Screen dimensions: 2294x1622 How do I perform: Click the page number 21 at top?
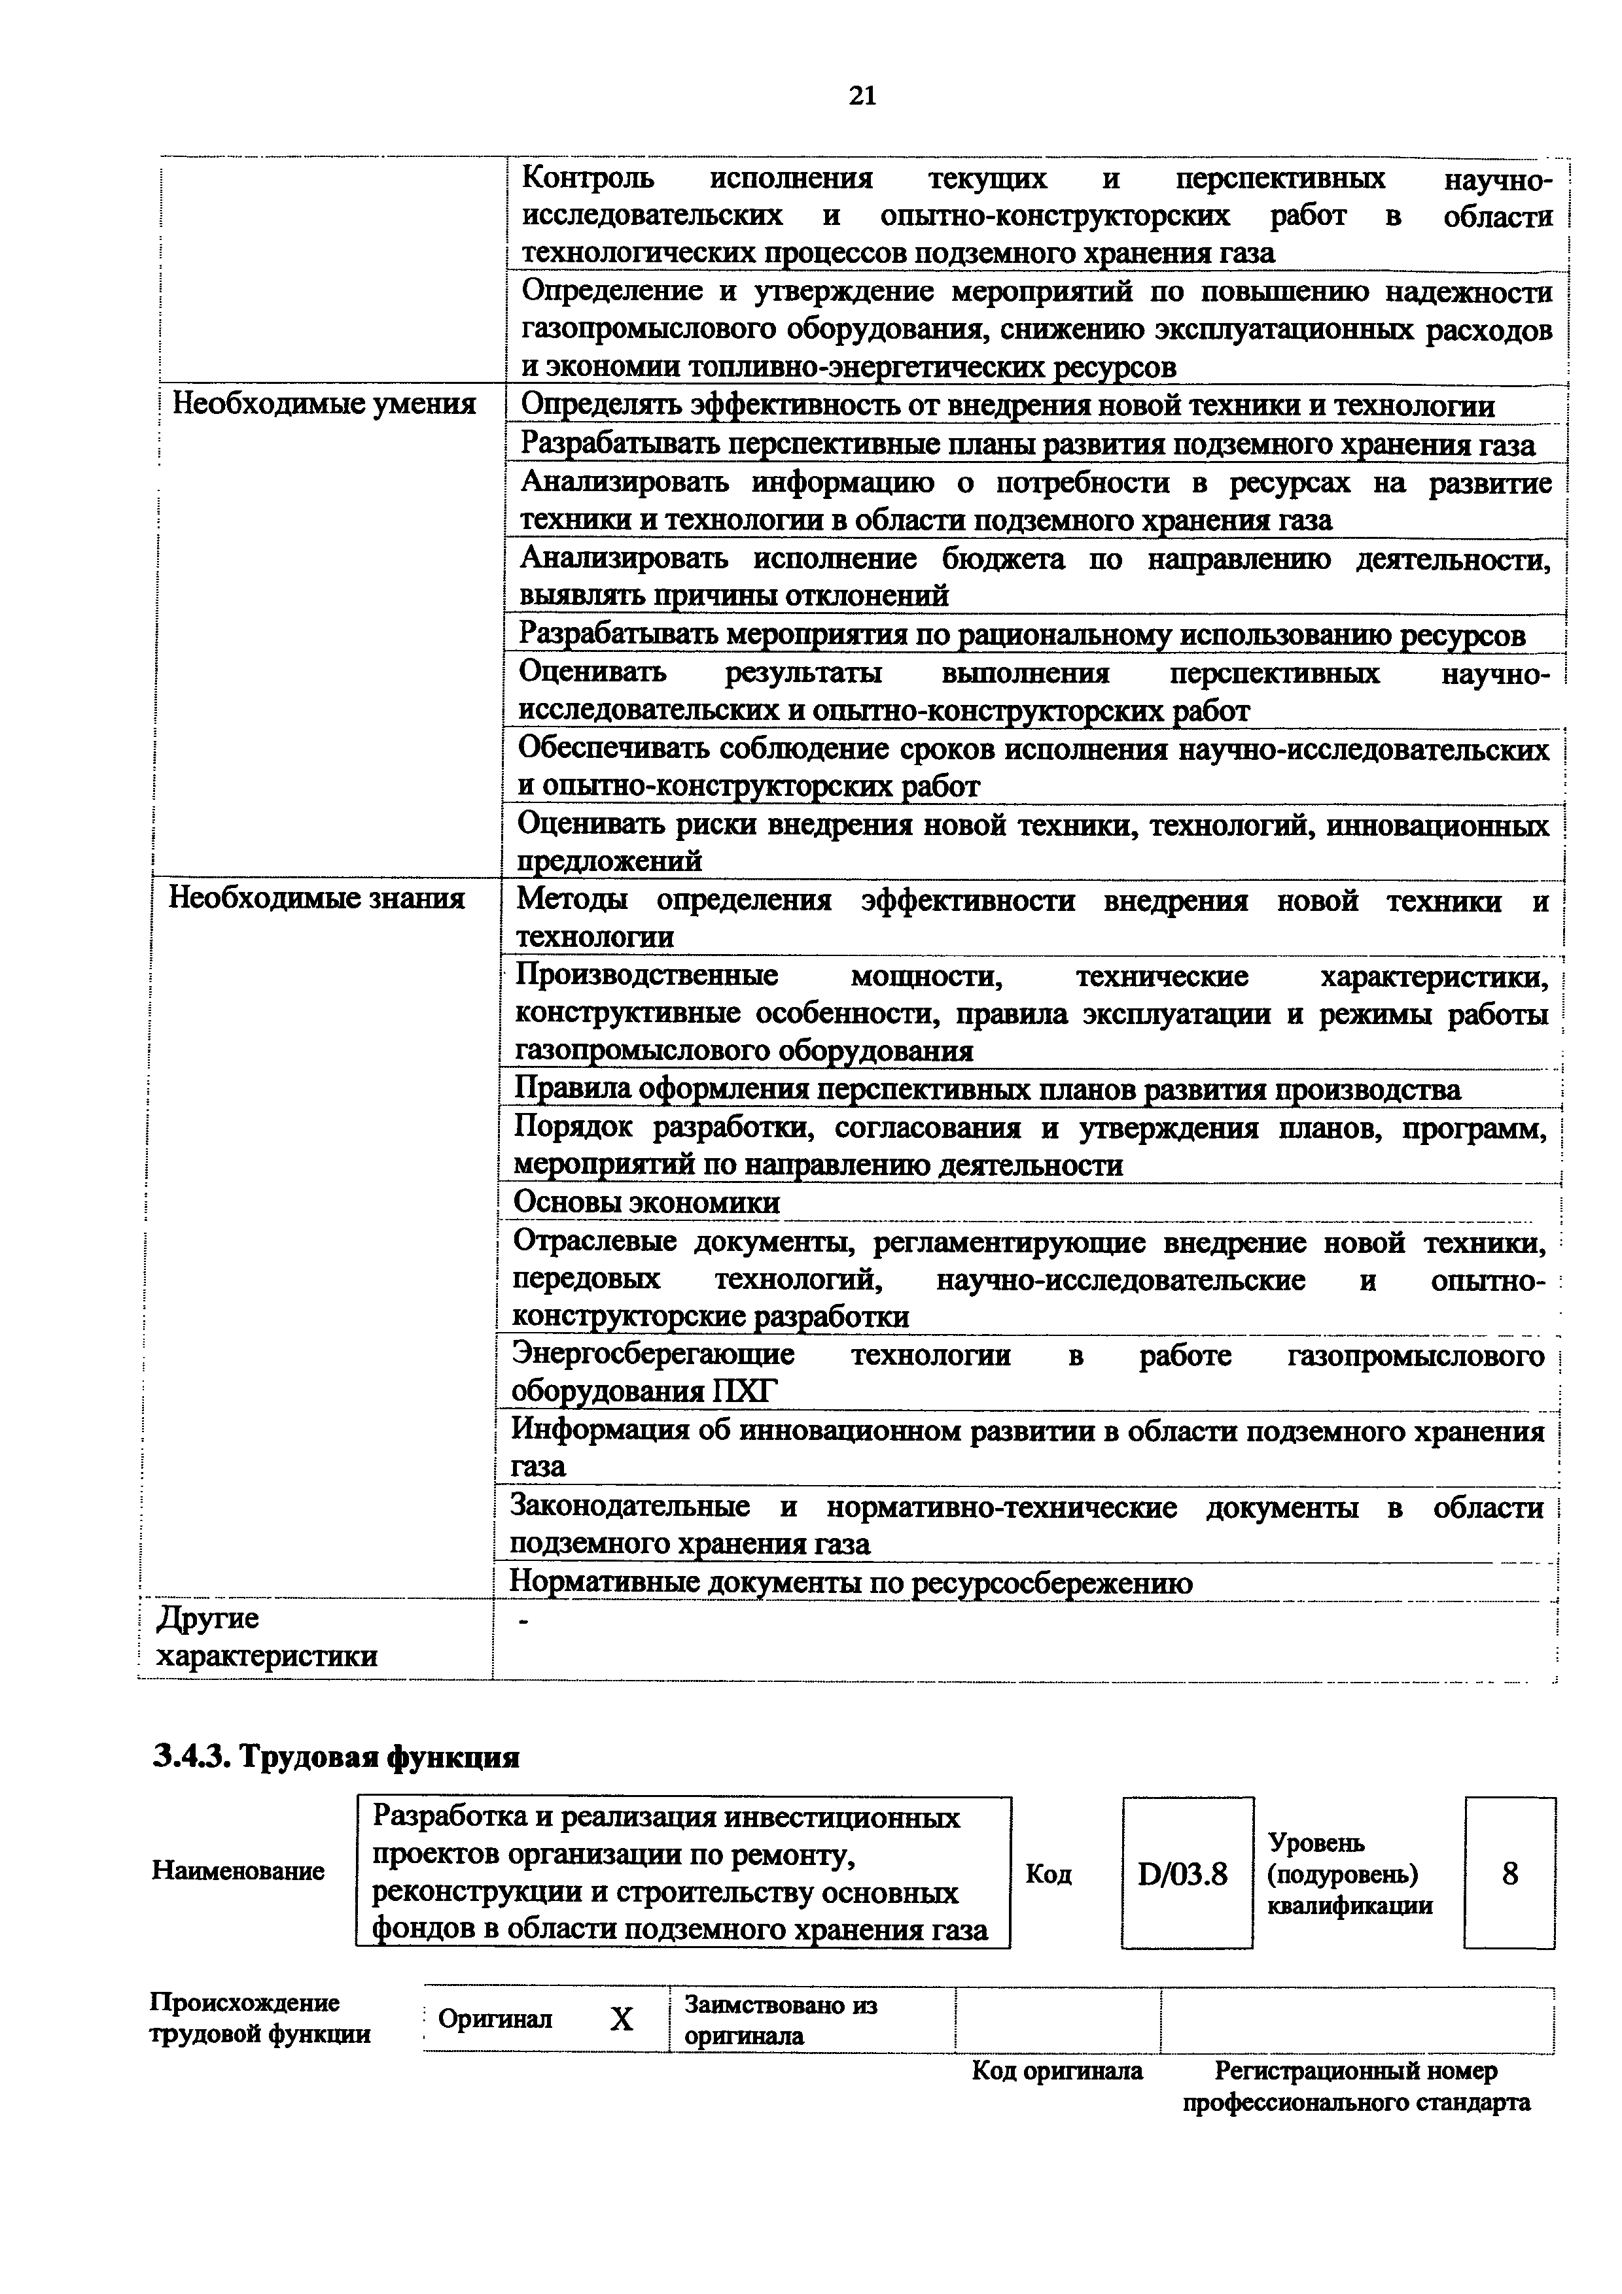click(862, 96)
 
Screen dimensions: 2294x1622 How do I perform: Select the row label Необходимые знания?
click(316, 899)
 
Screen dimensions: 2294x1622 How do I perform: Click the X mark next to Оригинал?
click(622, 2020)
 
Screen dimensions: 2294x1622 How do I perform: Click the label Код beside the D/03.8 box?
click(1048, 1874)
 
